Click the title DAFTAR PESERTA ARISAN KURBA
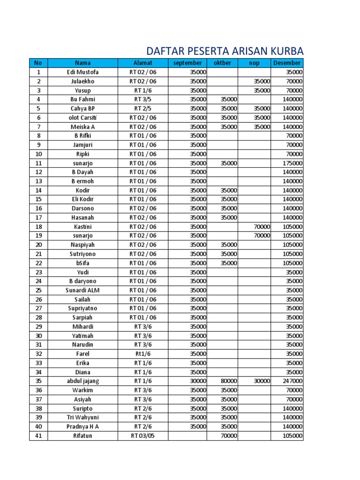click(x=225, y=51)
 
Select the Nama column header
click(x=82, y=63)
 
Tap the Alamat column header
click(x=142, y=63)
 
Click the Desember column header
click(x=286, y=63)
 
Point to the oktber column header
click(x=222, y=63)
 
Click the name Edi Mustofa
click(x=82, y=72)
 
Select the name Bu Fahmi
click(x=82, y=99)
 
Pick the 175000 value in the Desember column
click(x=292, y=163)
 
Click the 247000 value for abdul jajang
click(x=292, y=381)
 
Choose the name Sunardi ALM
click(x=82, y=290)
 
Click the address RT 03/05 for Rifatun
click(x=142, y=436)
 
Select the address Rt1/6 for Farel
click(x=142, y=354)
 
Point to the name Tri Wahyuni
click(x=82, y=417)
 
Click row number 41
click(x=38, y=436)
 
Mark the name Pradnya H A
click(x=82, y=427)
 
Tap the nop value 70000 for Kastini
click(x=262, y=227)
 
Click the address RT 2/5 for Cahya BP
click(x=142, y=108)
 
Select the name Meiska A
click(x=82, y=127)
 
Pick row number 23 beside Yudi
click(x=38, y=272)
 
